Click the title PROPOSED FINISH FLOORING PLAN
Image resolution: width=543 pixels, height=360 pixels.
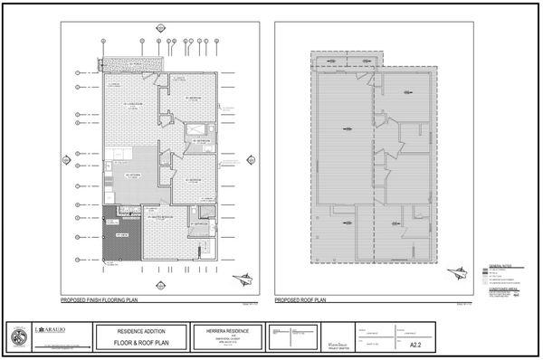click(x=100, y=298)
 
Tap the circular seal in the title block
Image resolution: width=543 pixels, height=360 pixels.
click(x=18, y=335)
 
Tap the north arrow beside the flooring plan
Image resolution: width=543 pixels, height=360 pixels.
click(x=240, y=279)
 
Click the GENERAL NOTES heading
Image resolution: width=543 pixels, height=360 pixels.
click(x=500, y=266)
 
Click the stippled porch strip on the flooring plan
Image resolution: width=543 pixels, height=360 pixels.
click(x=132, y=63)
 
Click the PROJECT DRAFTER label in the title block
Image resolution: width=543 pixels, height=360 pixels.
click(x=336, y=347)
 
